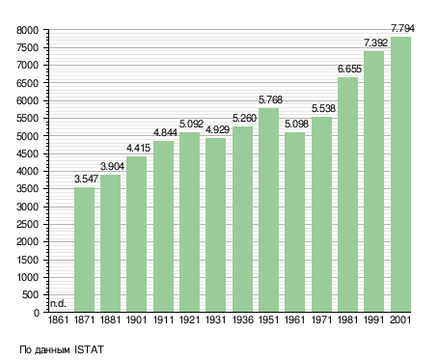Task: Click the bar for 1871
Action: (x=84, y=250)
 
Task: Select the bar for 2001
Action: (x=400, y=175)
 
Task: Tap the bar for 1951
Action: (x=268, y=210)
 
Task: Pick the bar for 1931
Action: (x=215, y=225)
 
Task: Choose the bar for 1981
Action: (x=347, y=195)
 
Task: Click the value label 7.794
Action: (x=402, y=28)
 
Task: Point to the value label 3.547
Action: (x=86, y=179)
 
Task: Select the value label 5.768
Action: (x=270, y=99)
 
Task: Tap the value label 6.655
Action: (x=349, y=69)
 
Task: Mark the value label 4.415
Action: (x=138, y=148)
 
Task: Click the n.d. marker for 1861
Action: (x=58, y=303)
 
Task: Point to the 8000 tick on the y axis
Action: (x=27, y=30)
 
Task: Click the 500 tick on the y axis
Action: (x=30, y=294)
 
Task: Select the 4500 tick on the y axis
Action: (x=27, y=153)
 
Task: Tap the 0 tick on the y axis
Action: (x=37, y=313)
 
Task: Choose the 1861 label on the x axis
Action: (x=58, y=320)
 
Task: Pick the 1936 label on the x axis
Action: (x=242, y=320)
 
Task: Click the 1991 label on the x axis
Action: (x=374, y=320)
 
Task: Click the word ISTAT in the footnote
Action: (x=89, y=349)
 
